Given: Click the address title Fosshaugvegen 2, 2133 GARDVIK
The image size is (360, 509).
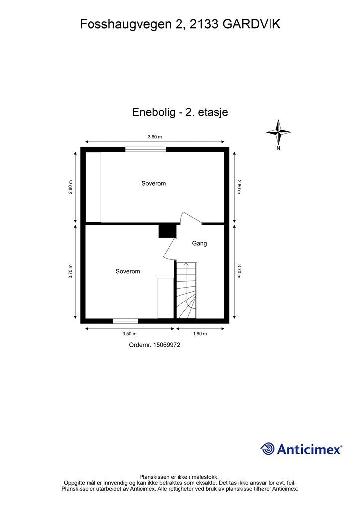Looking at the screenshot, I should point(180,24).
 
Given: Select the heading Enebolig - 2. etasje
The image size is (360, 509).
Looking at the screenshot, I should point(180,112).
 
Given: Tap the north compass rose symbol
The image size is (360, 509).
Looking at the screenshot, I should point(278,132).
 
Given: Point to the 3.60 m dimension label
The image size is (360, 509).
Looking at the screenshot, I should point(155,137).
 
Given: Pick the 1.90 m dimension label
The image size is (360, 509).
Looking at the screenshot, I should point(199,334).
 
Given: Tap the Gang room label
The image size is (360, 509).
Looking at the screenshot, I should point(199,244).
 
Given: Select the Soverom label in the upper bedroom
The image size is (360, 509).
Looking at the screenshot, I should point(153,183).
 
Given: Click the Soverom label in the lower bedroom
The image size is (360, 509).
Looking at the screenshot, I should point(128,271).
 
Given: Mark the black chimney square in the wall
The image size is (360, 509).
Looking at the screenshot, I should point(167,231).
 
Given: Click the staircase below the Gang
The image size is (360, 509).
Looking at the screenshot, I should point(187,291).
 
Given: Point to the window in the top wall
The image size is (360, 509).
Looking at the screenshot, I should point(145,149).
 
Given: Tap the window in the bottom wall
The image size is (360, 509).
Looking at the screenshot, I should point(125,321).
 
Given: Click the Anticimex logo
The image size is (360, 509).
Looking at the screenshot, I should point(301,449).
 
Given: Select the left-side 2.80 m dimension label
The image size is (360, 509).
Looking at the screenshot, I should point(71,187).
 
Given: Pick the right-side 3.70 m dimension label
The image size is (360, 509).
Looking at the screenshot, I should point(239,271).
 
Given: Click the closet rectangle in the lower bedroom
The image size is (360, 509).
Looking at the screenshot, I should point(165,298).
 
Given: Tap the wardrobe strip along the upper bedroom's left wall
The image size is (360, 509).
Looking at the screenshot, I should point(94,187).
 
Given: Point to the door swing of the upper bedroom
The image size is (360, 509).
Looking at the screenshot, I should point(189,220).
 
